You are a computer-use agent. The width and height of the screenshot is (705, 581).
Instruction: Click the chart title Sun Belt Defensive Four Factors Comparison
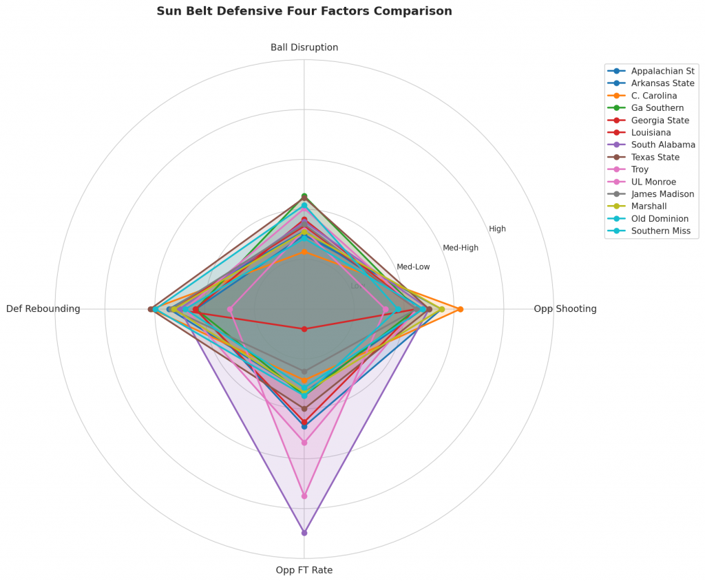304,11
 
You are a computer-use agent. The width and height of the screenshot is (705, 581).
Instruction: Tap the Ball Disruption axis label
304,47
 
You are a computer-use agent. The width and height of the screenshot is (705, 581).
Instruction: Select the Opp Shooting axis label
565,309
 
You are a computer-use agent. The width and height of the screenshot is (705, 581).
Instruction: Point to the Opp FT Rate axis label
304,570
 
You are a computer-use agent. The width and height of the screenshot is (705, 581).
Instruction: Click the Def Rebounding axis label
43,309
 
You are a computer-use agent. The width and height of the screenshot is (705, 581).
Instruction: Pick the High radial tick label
497,229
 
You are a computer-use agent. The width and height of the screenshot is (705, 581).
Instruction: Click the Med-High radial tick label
461,248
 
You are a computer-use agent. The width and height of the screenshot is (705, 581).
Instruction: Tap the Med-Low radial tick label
413,266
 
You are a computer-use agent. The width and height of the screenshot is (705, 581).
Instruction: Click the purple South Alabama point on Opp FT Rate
304,533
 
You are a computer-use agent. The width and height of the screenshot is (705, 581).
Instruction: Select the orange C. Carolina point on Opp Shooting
461,309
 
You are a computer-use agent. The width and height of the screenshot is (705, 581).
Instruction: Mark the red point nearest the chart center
304,329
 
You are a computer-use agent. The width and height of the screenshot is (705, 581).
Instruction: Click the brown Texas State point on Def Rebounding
151,309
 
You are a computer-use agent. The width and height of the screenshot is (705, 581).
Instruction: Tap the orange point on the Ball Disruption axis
304,253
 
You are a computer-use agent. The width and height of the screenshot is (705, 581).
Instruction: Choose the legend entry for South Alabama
663,145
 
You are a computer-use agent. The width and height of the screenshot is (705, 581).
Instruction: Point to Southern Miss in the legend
660,231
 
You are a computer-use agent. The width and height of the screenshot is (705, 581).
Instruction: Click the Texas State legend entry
655,158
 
